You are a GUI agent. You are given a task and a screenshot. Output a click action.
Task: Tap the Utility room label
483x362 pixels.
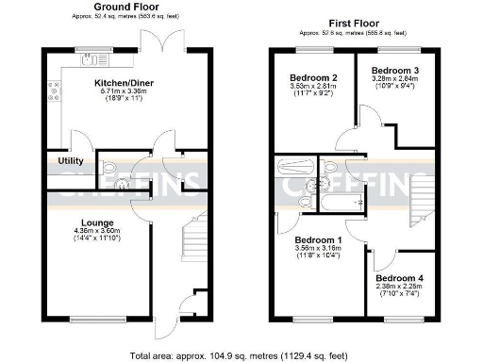pos(71,161)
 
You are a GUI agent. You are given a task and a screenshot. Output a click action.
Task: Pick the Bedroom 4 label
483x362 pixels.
pos(401,279)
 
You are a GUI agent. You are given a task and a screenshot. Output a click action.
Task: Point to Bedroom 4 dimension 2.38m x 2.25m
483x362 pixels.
pos(401,288)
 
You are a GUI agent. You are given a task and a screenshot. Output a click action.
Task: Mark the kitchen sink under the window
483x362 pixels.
pos(92,62)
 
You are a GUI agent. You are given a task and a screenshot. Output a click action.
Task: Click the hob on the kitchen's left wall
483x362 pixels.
pos(57,92)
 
